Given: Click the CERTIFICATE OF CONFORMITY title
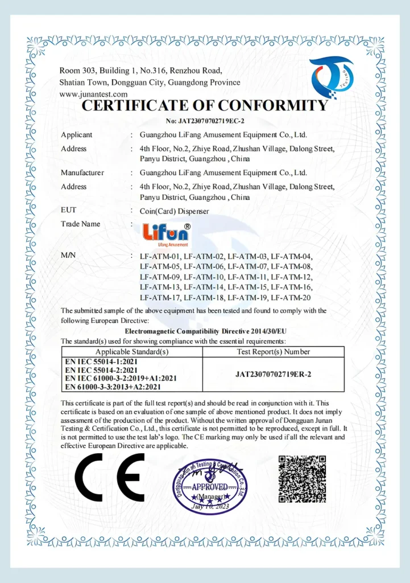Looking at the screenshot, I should (x=205, y=106).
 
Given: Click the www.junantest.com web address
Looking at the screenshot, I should (x=93, y=94).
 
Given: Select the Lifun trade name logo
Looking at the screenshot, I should (x=166, y=233).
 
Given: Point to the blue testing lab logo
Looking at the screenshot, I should (x=332, y=77).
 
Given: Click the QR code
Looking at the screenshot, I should (x=302, y=478).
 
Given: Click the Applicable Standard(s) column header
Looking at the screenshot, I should (x=132, y=352).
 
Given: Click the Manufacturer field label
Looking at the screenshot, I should (x=82, y=173).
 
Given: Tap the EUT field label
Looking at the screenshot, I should (x=68, y=210).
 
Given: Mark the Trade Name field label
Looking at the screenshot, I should (x=80, y=224).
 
